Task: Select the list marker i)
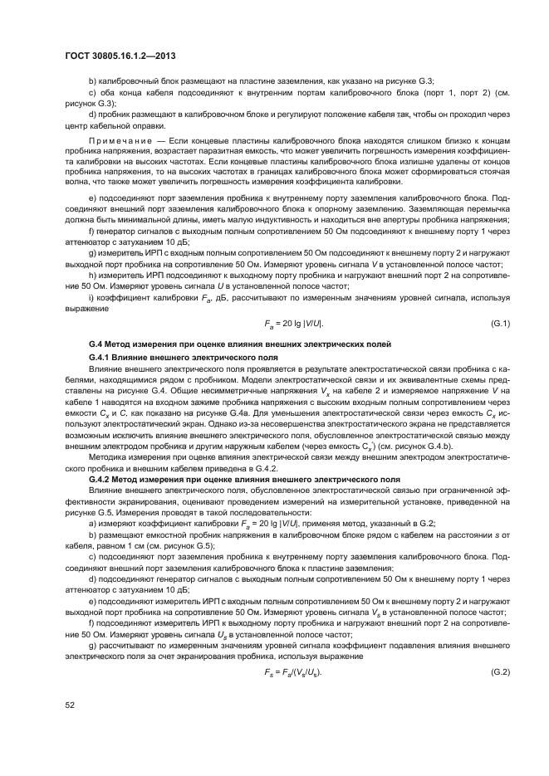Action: (91, 297)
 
